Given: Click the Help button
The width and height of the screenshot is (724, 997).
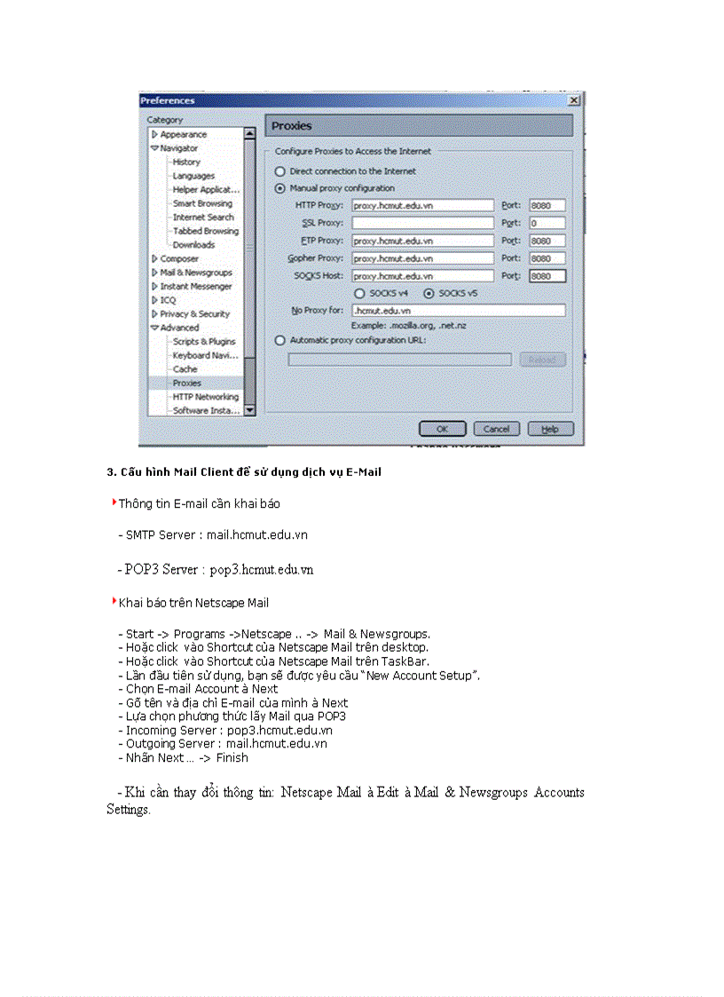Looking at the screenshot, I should pyautogui.click(x=550, y=429).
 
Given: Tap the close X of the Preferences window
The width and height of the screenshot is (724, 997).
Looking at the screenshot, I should pyautogui.click(x=574, y=101).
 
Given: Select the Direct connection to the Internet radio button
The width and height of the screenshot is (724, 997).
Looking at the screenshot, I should pyautogui.click(x=280, y=171).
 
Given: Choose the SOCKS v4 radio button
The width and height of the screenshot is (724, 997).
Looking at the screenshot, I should pyautogui.click(x=359, y=293).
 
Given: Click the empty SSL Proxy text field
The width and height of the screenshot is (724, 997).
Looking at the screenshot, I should pyautogui.click(x=422, y=223).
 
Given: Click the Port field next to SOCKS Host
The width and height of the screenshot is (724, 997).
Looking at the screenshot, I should pyautogui.click(x=547, y=276).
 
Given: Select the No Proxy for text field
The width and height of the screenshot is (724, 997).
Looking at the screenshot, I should pyautogui.click(x=458, y=311).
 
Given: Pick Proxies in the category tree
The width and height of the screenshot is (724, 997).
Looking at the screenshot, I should pyautogui.click(x=186, y=383).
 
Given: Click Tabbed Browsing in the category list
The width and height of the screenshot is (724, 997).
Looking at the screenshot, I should pyautogui.click(x=205, y=231).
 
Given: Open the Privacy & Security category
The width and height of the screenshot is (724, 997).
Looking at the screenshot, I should pyautogui.click(x=194, y=313).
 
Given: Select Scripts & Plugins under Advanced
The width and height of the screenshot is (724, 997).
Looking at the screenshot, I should pyautogui.click(x=204, y=341).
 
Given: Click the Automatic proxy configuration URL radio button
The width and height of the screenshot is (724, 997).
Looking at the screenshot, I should pyautogui.click(x=280, y=340).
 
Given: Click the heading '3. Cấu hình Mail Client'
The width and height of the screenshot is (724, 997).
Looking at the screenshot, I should pyautogui.click(x=244, y=472).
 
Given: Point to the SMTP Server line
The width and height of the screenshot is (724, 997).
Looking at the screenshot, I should pyautogui.click(x=216, y=535).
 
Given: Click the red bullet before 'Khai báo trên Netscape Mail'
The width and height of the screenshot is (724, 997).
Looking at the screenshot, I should pyautogui.click(x=114, y=601).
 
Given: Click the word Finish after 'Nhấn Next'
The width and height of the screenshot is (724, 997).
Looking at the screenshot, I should pyautogui.click(x=232, y=757).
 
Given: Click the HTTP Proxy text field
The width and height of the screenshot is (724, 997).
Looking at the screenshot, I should pyautogui.click(x=422, y=205).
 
